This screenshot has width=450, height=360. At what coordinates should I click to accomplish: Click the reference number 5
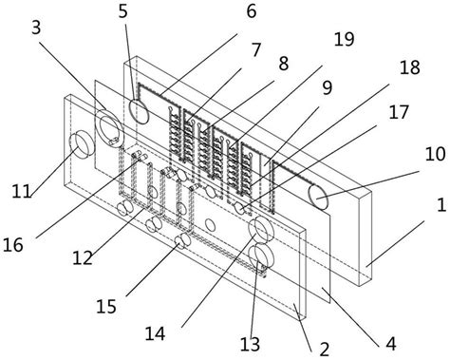coord(123,12)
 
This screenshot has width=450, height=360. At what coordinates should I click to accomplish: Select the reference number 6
coord(251,12)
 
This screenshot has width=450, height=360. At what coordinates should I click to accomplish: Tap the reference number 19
coord(345,39)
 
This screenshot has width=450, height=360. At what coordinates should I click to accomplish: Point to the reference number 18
coord(410,67)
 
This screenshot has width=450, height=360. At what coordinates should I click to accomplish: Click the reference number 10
coord(435,155)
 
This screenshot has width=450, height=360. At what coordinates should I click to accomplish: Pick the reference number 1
coord(441,205)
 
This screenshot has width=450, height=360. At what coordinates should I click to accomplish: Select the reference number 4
coord(391,344)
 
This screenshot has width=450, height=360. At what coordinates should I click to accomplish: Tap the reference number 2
coord(325,350)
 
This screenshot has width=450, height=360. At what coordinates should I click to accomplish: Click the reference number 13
coord(250,344)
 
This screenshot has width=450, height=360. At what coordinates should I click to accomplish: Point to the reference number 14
coord(155,333)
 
